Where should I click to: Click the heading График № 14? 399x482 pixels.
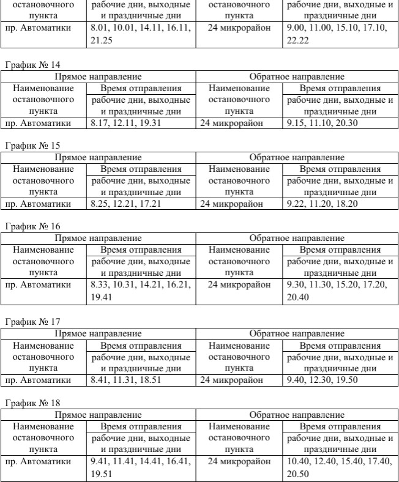(33, 64)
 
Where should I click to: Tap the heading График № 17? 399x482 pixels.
(33, 320)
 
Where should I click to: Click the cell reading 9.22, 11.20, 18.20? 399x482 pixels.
(321, 204)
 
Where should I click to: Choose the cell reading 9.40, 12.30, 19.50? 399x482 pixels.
(321, 379)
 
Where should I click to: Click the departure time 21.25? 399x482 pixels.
(100, 40)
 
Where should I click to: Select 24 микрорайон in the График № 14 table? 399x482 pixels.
(230, 123)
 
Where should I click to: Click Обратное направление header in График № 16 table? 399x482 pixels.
(297, 238)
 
